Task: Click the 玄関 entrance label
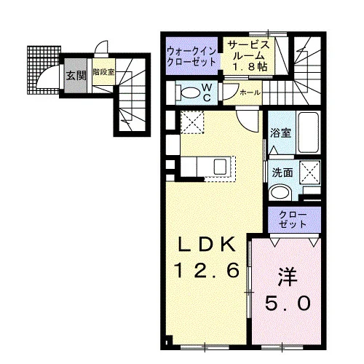click(x=76, y=76)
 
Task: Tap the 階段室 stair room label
click(x=104, y=72)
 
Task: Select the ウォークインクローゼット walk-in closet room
click(x=191, y=56)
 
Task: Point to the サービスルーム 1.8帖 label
click(x=249, y=56)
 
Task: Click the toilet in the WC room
click(x=189, y=93)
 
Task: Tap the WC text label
click(x=207, y=92)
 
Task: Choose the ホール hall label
click(x=250, y=92)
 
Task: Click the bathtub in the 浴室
click(x=308, y=132)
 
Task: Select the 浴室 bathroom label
click(x=281, y=133)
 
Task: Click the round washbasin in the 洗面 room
click(x=281, y=192)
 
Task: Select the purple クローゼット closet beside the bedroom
click(x=295, y=220)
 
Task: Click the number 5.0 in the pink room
click(x=288, y=304)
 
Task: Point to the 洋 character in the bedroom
click(x=288, y=277)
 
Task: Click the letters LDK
click(x=207, y=244)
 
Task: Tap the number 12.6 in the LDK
click(x=207, y=270)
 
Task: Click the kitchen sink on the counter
click(x=221, y=167)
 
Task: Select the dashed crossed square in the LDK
click(x=192, y=122)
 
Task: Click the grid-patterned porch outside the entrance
click(x=43, y=70)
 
